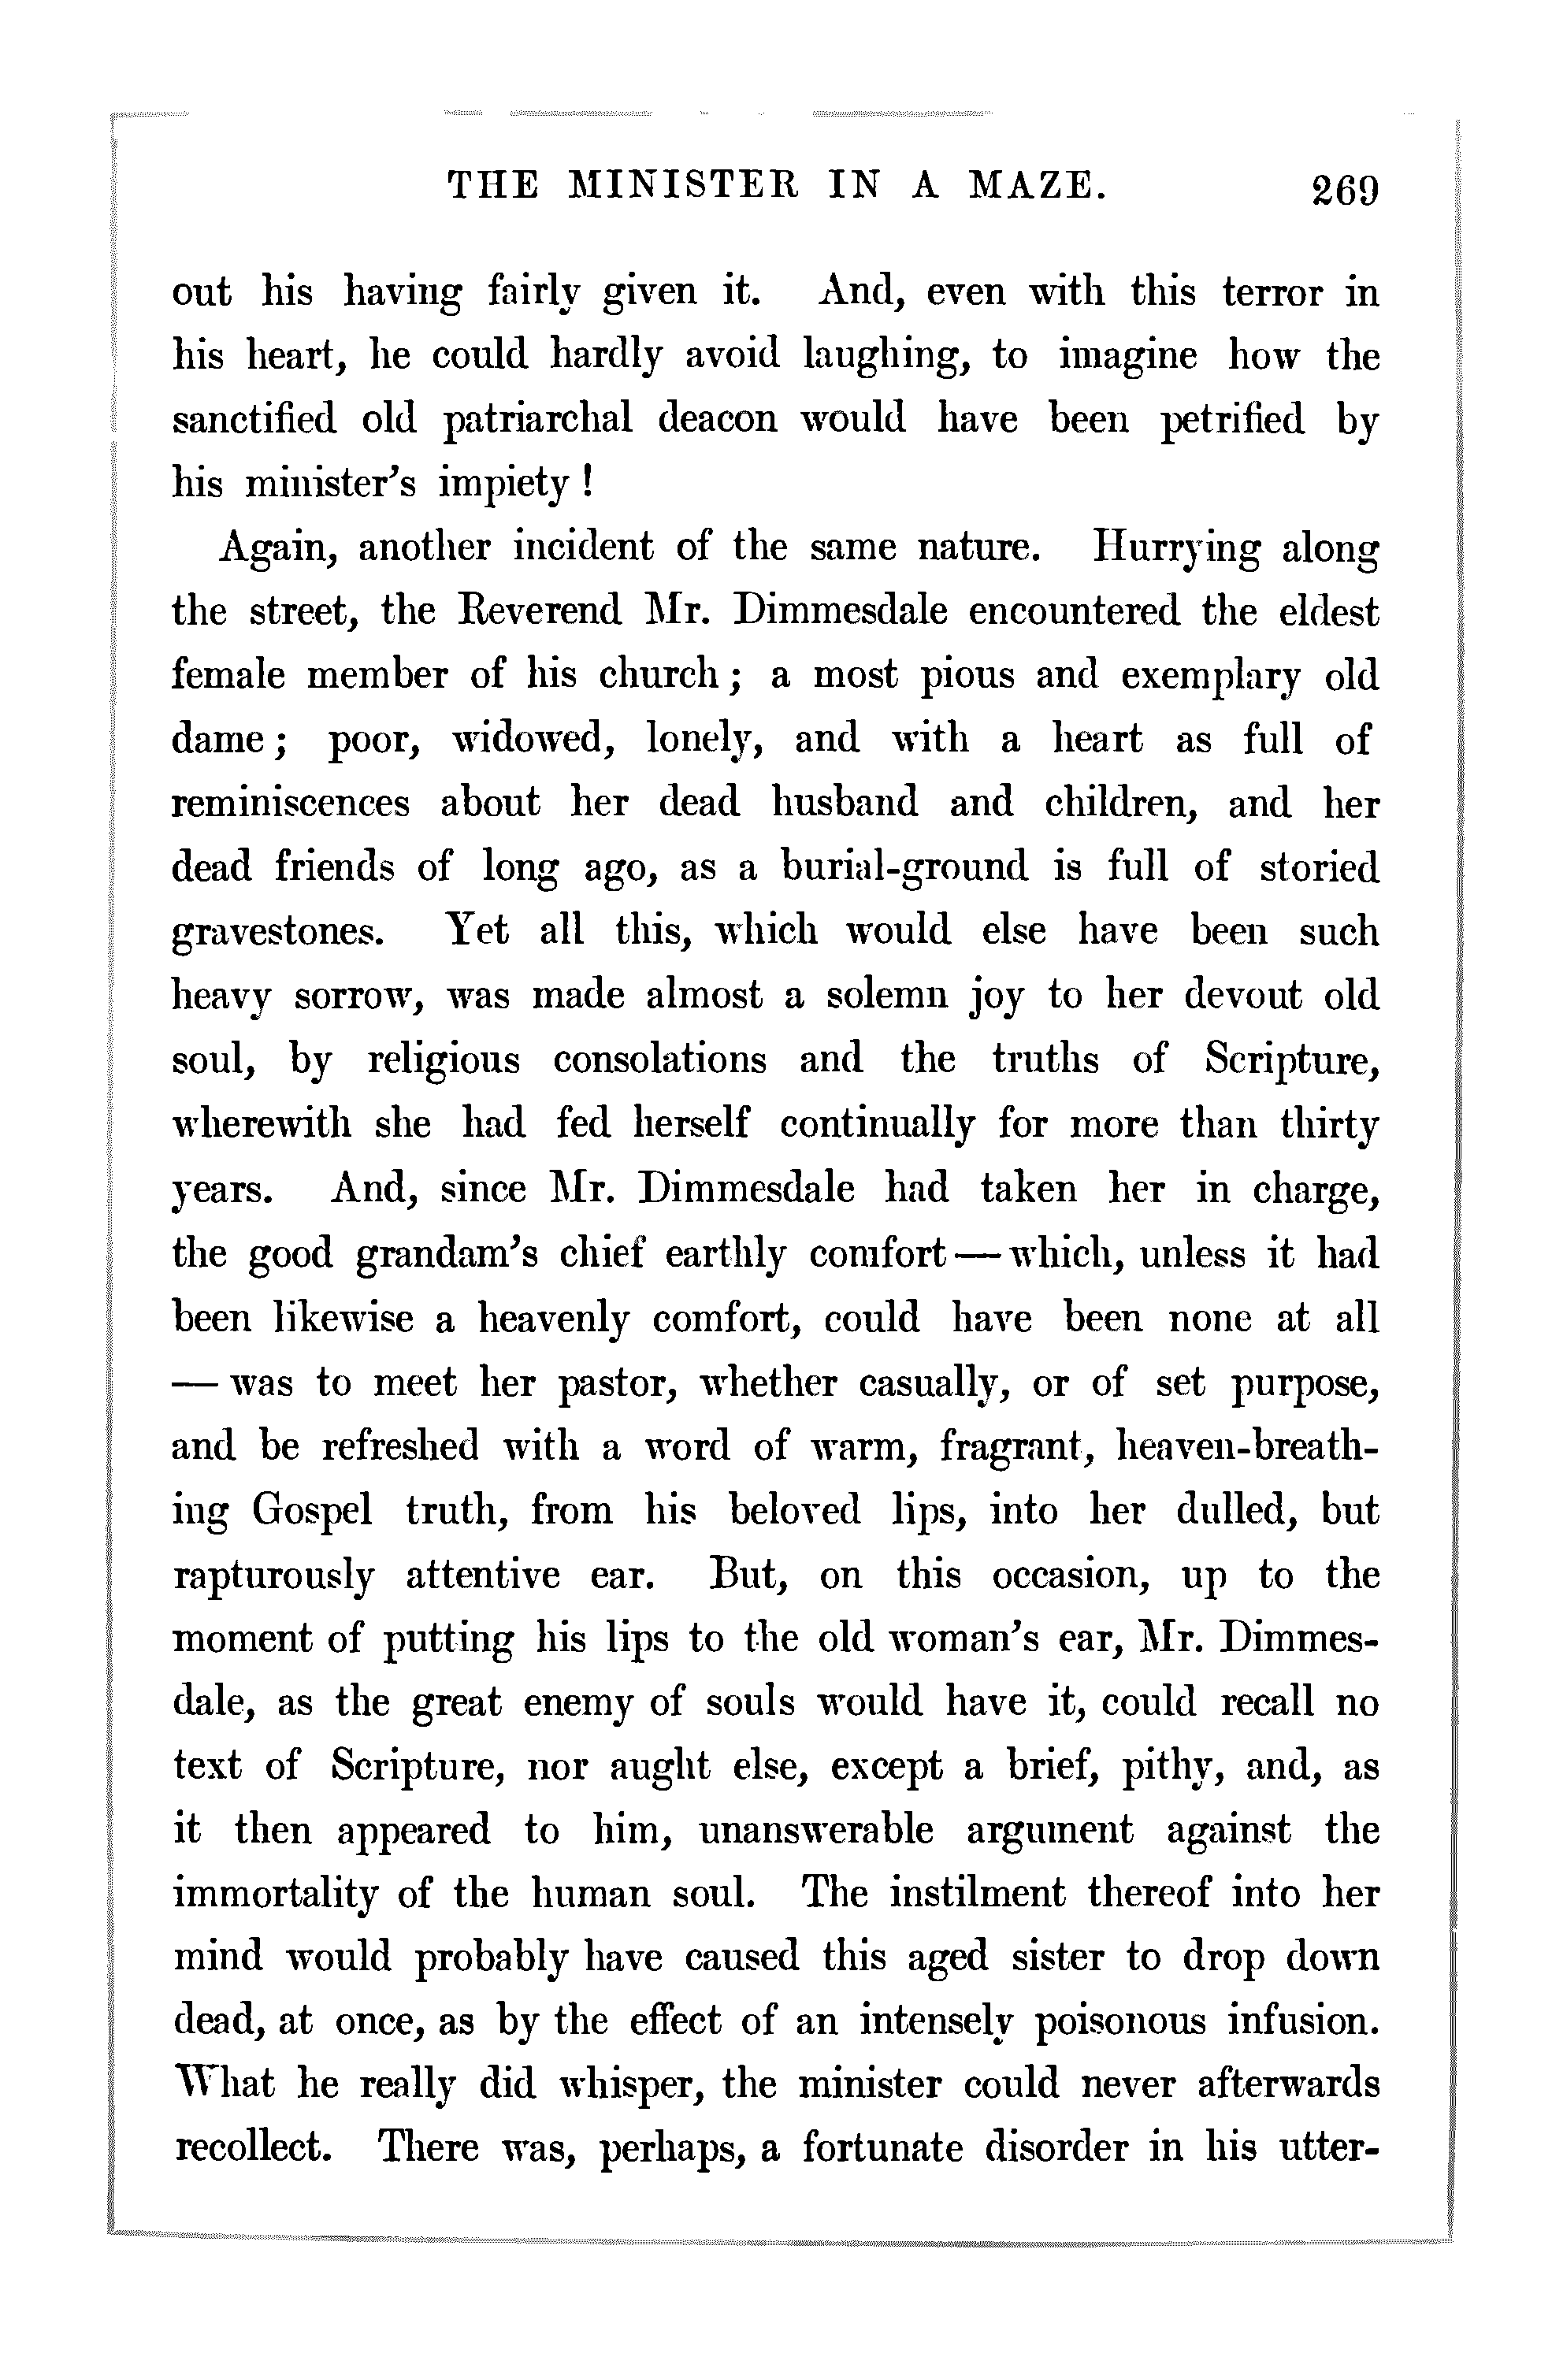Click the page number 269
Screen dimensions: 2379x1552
(1346, 188)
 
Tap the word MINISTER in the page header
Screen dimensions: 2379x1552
(682, 186)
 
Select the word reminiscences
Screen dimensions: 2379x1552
(291, 803)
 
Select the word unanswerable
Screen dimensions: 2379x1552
(815, 1830)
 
